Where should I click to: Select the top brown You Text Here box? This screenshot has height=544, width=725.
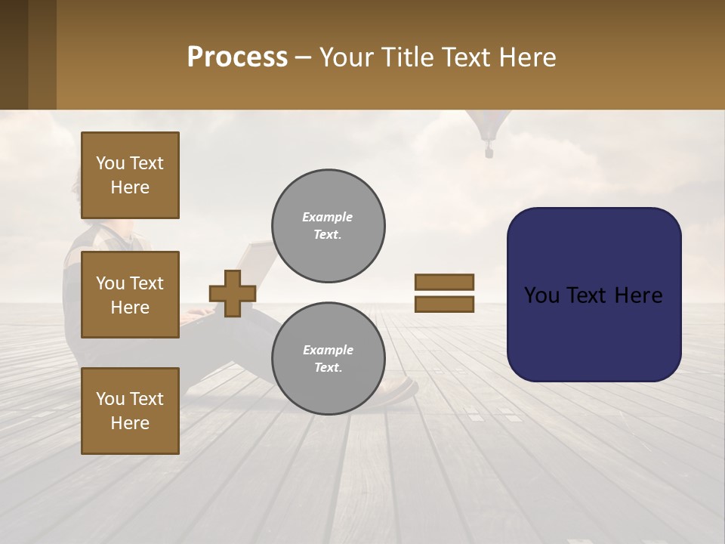click(x=130, y=175)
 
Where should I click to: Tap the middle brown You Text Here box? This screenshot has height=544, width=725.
click(x=130, y=295)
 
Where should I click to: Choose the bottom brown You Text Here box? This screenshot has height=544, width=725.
click(x=130, y=410)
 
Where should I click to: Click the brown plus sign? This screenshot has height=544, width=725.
click(x=233, y=293)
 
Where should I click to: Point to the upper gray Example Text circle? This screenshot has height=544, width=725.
click(x=329, y=226)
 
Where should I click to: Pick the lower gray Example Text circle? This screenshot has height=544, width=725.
click(x=329, y=359)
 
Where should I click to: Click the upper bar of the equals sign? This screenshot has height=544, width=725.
click(x=444, y=282)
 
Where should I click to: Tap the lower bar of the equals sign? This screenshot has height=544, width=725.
click(x=444, y=304)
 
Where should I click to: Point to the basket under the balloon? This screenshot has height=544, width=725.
click(x=489, y=153)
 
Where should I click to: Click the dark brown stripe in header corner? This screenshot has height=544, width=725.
click(x=14, y=54)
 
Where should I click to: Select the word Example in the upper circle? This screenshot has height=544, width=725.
click(x=328, y=217)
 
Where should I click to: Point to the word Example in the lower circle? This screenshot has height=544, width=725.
click(x=328, y=350)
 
